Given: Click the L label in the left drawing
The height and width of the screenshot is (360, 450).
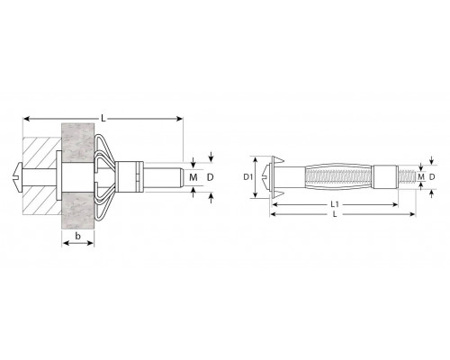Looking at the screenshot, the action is pos(103,119).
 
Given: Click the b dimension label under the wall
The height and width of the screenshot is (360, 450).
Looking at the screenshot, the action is pos(78,236).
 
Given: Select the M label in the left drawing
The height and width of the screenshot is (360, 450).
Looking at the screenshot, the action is pos(193,177).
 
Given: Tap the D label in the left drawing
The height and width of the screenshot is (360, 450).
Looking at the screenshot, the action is pos(211,177).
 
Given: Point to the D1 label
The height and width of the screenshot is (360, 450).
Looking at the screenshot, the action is pos(247,177).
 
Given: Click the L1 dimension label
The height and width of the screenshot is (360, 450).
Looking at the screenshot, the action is pos(335,204).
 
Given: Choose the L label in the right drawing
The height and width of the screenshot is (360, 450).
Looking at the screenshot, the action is pos(335,214).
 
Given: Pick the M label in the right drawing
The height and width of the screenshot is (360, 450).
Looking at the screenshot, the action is pos(421,177).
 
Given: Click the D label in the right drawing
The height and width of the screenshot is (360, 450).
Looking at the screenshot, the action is pos(432,177).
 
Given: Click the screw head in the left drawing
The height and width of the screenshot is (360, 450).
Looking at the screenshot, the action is pos(18,177).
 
